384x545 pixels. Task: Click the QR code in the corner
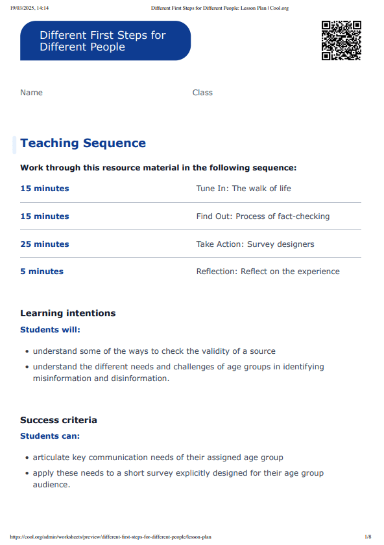click(341, 40)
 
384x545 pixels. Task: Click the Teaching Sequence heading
click(83, 143)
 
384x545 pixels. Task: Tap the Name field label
click(31, 93)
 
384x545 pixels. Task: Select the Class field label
click(202, 93)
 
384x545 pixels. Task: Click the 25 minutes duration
click(44, 244)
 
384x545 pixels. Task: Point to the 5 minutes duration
click(42, 272)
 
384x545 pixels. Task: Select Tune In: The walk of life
click(243, 189)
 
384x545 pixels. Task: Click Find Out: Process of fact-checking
click(263, 216)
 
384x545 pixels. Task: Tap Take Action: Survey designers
click(255, 244)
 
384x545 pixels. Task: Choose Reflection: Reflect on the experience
click(268, 272)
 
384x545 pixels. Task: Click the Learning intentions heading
click(67, 313)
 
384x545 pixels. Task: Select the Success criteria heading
click(58, 420)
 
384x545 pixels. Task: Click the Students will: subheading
click(50, 330)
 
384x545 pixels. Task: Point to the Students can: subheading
click(50, 436)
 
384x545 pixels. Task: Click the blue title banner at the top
click(105, 41)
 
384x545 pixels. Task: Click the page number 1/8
click(368, 537)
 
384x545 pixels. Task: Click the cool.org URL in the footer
click(111, 537)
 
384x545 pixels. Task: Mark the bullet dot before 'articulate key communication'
click(27, 458)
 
